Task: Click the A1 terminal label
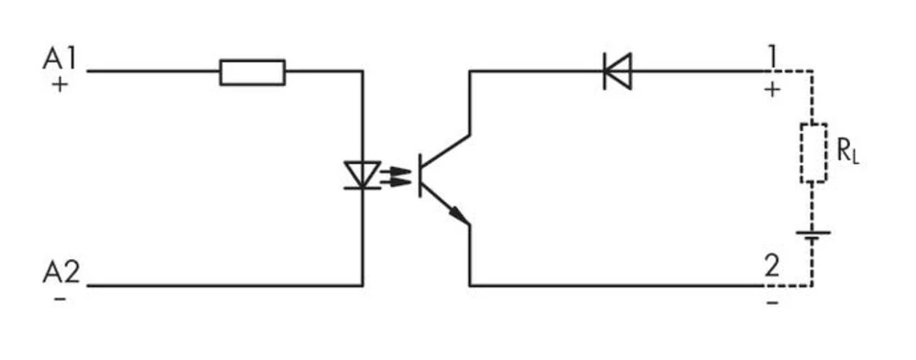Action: coord(60,60)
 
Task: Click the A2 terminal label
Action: coord(60,272)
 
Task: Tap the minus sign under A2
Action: coord(60,300)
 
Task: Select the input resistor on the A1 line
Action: coord(252,72)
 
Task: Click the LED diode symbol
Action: coord(362,175)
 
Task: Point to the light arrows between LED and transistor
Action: coord(396,175)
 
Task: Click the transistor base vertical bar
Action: coord(420,174)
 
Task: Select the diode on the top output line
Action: coord(617,71)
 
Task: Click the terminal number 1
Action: coord(772,58)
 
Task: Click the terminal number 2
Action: coord(772,268)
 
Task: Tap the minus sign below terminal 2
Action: coord(772,300)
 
